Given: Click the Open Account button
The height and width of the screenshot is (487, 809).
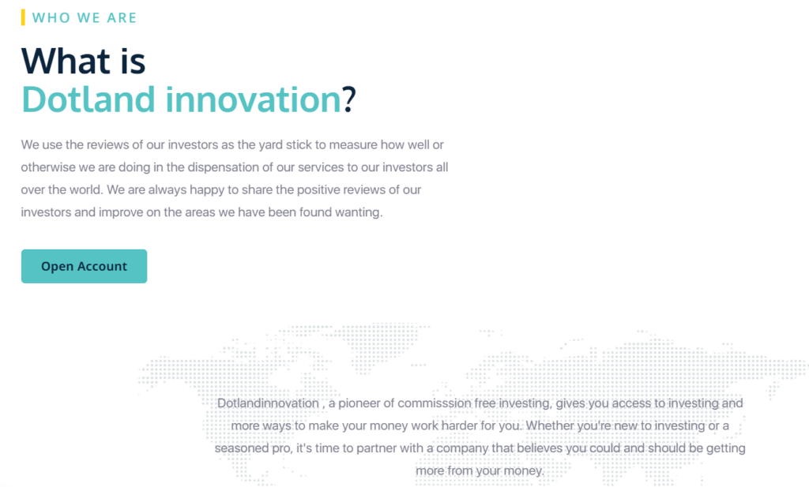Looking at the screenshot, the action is coord(84,266).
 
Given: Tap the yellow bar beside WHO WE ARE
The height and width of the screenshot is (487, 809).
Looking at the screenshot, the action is coord(23,17).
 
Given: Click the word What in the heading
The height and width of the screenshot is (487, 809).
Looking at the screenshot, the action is coord(66,61).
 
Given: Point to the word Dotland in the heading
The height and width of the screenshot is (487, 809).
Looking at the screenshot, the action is coord(88,99).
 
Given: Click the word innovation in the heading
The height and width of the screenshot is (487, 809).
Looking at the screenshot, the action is coord(253,99).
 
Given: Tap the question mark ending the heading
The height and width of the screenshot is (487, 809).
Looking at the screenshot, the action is coord(349,99).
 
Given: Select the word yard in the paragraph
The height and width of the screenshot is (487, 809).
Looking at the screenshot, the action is coord(270,144).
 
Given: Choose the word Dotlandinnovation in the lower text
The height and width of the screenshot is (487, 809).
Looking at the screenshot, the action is coord(268,403).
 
